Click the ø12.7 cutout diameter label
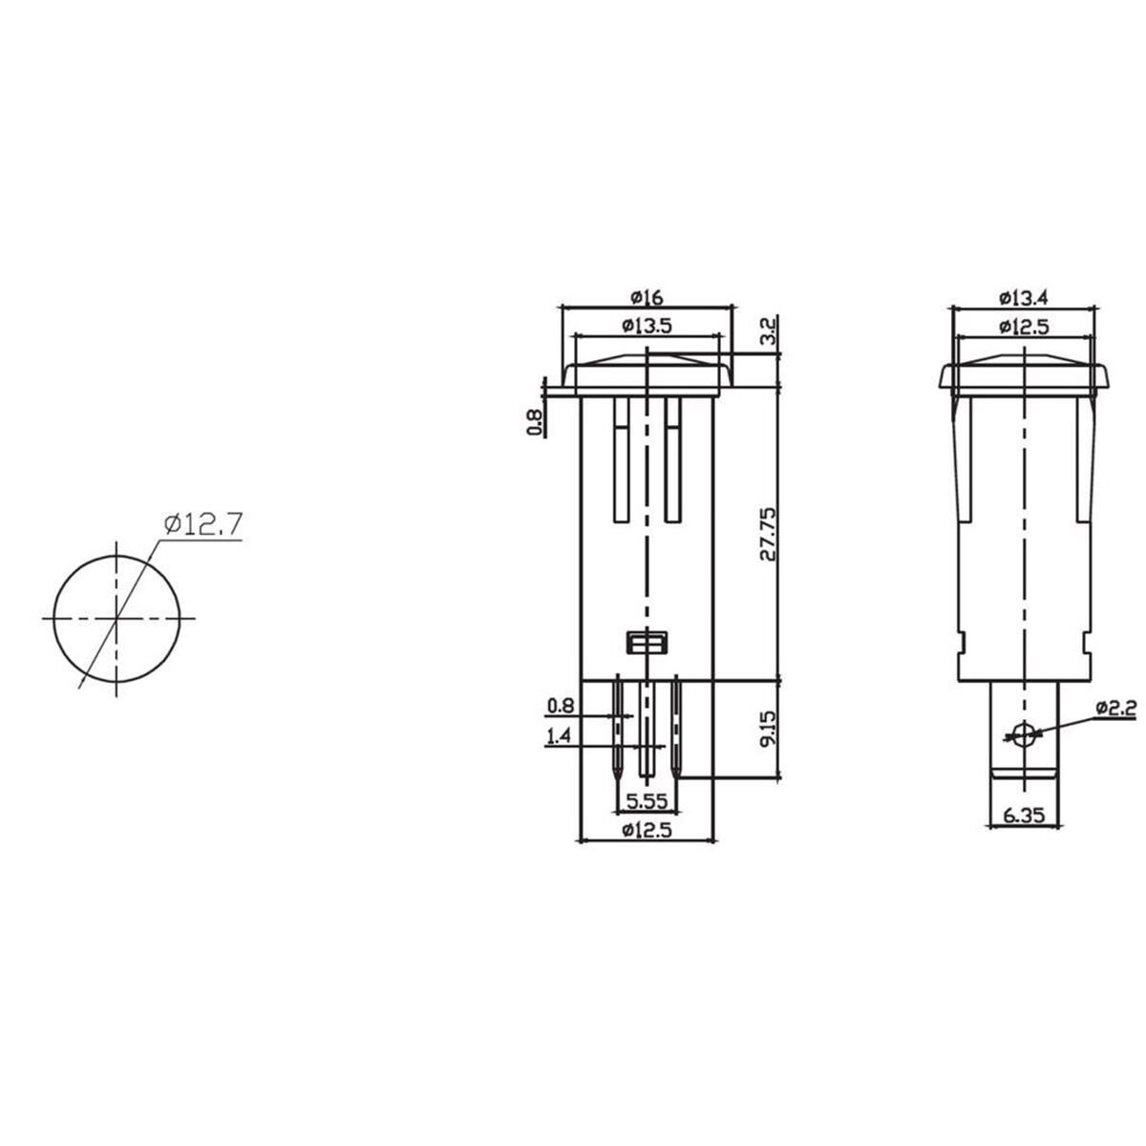tap(203, 524)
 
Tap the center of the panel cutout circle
tap(117, 619)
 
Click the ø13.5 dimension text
tap(647, 325)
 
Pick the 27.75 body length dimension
tap(770, 535)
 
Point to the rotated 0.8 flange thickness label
tap(536, 421)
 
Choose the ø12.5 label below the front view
tap(647, 830)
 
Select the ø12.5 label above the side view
tap(1024, 325)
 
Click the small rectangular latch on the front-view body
tap(647, 643)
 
